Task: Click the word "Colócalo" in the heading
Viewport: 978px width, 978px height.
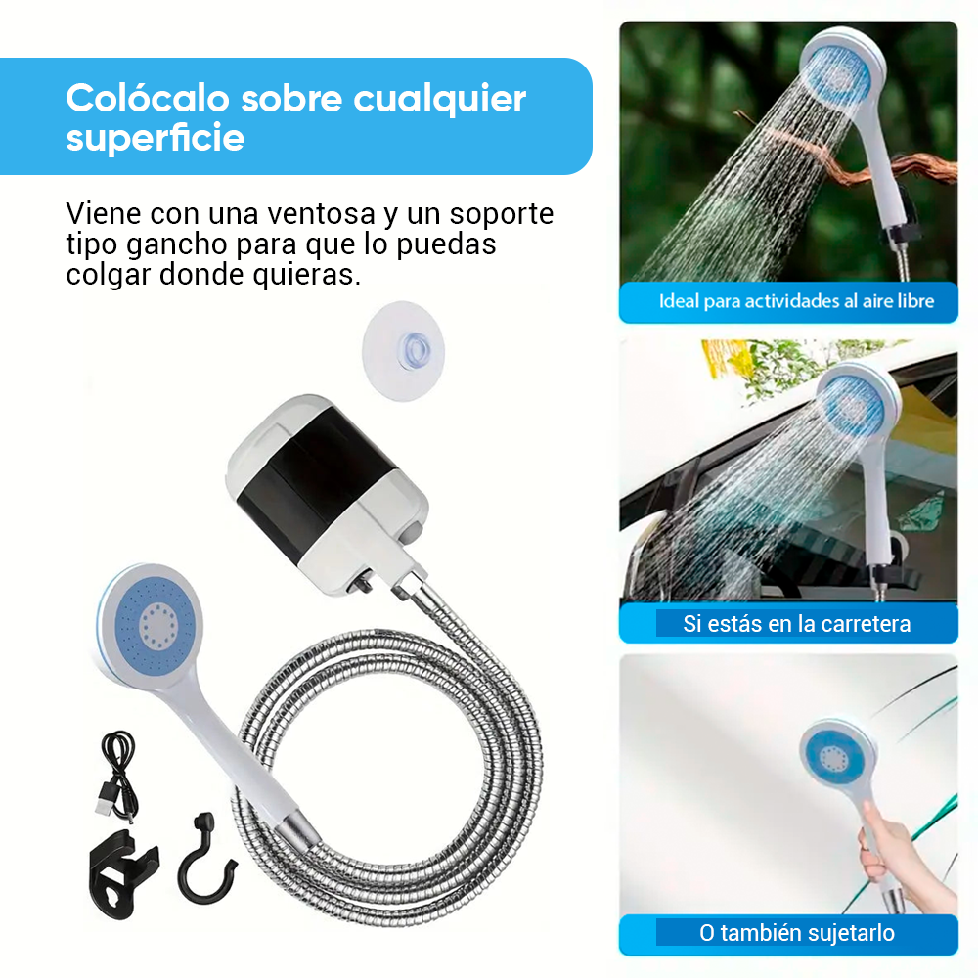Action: (148, 98)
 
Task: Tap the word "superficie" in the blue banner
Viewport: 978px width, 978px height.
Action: (156, 139)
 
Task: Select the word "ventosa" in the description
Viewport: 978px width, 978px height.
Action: (321, 214)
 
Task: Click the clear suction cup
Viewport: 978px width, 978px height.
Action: (403, 350)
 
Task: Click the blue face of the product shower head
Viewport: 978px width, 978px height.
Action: (155, 626)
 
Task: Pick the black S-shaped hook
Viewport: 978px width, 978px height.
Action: (205, 861)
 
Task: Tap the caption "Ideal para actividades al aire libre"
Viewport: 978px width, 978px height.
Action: (796, 301)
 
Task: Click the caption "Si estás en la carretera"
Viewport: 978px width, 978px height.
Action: (796, 624)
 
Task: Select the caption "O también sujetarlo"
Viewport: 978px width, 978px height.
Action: (796, 933)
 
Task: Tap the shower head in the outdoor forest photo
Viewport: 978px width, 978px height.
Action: (841, 68)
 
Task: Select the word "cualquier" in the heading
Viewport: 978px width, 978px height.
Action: (440, 100)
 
